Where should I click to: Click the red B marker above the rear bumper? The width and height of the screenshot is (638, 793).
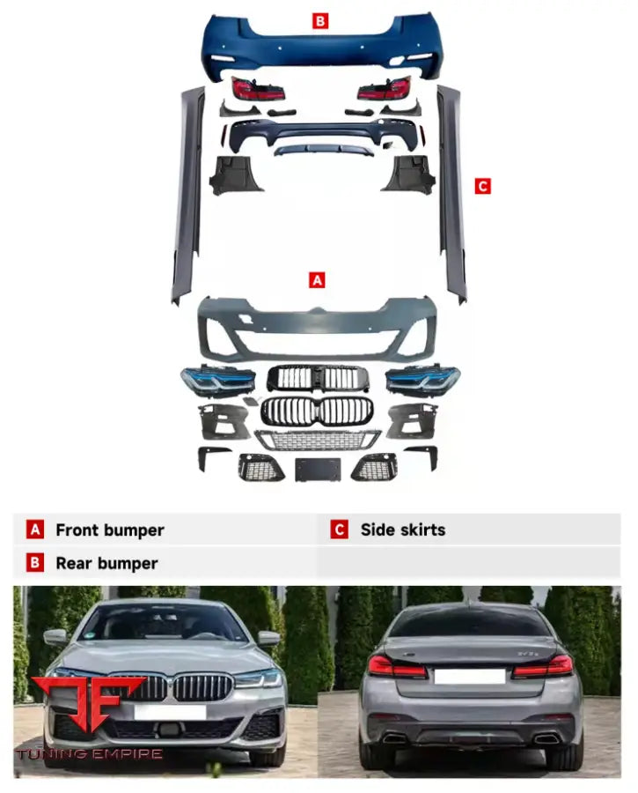coord(320,20)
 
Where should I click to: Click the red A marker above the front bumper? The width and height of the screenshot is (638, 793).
coord(318,279)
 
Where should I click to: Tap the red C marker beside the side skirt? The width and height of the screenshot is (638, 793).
coord(482,186)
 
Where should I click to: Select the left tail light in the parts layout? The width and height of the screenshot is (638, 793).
coord(258,88)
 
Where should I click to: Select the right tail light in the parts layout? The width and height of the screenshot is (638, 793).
coord(384,88)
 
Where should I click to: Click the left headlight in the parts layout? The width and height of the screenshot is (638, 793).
coord(217,380)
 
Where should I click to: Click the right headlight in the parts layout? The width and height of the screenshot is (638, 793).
coord(422,379)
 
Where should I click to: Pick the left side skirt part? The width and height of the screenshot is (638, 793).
coord(188,194)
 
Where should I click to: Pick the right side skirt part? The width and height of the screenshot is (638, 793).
coord(451,194)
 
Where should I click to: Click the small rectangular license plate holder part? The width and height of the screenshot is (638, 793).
coord(318,469)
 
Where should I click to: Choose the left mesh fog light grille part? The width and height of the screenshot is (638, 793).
coord(261,467)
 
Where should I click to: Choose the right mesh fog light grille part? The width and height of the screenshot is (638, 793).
coord(374,467)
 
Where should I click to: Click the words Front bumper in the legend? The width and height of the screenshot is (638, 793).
coord(109,530)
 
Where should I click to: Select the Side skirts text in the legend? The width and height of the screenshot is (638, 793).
coord(402,530)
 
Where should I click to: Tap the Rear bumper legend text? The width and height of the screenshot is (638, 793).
coord(106,563)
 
